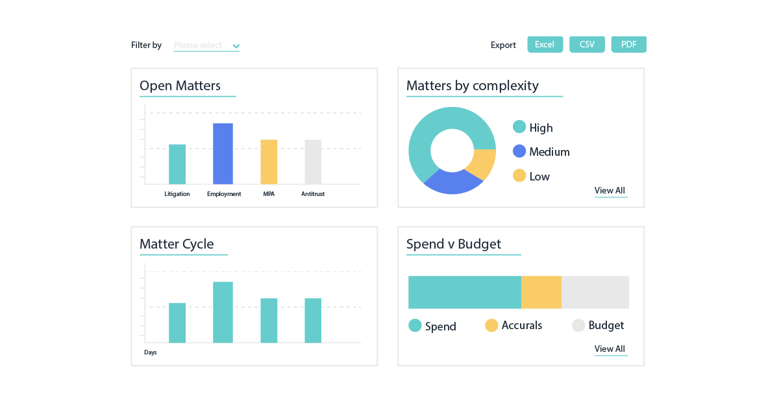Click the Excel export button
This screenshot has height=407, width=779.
point(545,45)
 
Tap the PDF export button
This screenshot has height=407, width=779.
point(628,45)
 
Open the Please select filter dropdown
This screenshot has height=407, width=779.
point(206,45)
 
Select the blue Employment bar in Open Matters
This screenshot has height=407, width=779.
point(223,154)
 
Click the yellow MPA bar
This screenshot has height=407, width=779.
point(269,162)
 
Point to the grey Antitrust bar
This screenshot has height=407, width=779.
point(313,162)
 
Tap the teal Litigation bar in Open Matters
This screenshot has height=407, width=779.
point(177,164)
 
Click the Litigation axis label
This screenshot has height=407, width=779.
point(177,194)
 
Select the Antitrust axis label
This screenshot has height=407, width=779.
point(313,194)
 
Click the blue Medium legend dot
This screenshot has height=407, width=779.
point(519,151)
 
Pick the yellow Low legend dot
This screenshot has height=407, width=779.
point(519,175)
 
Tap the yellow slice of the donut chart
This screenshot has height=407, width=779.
point(483,165)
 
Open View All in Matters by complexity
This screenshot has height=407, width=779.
point(610,191)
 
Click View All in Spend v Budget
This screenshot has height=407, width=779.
point(610,349)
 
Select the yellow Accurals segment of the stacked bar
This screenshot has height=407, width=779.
point(541,292)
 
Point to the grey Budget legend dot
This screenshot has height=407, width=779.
point(578,325)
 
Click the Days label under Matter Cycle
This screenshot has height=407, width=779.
point(151,352)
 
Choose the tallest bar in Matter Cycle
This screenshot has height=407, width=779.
point(223,312)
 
